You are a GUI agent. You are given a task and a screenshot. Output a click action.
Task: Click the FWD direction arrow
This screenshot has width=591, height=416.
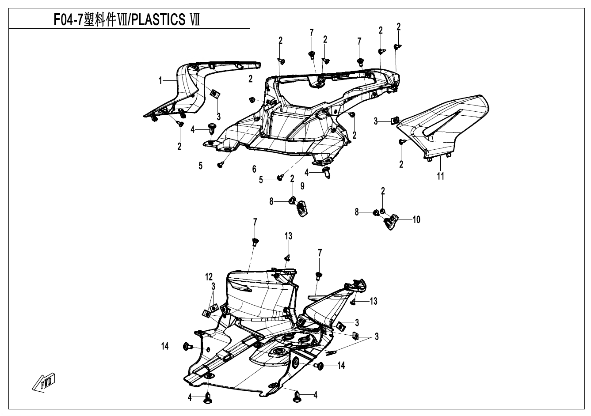44,382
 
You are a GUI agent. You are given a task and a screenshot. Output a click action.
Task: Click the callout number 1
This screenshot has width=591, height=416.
161,80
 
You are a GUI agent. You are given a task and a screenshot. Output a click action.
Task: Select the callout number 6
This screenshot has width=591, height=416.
254,169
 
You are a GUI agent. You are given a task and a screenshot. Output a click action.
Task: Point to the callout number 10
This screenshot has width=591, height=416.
416,219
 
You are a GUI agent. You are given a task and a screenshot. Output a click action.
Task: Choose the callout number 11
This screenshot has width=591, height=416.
440,176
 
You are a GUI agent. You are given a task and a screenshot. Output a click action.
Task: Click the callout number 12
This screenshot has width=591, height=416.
209,277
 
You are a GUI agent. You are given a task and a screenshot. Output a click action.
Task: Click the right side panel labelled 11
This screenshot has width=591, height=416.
446,124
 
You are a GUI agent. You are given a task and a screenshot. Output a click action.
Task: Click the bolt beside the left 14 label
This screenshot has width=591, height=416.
187,347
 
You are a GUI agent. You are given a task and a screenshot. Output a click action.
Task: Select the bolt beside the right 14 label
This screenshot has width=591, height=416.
319,366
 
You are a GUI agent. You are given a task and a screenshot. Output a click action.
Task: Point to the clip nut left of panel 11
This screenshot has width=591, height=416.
395,120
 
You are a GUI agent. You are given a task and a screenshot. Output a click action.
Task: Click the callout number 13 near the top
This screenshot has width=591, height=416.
288,236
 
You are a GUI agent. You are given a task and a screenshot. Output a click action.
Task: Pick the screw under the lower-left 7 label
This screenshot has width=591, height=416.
255,241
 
